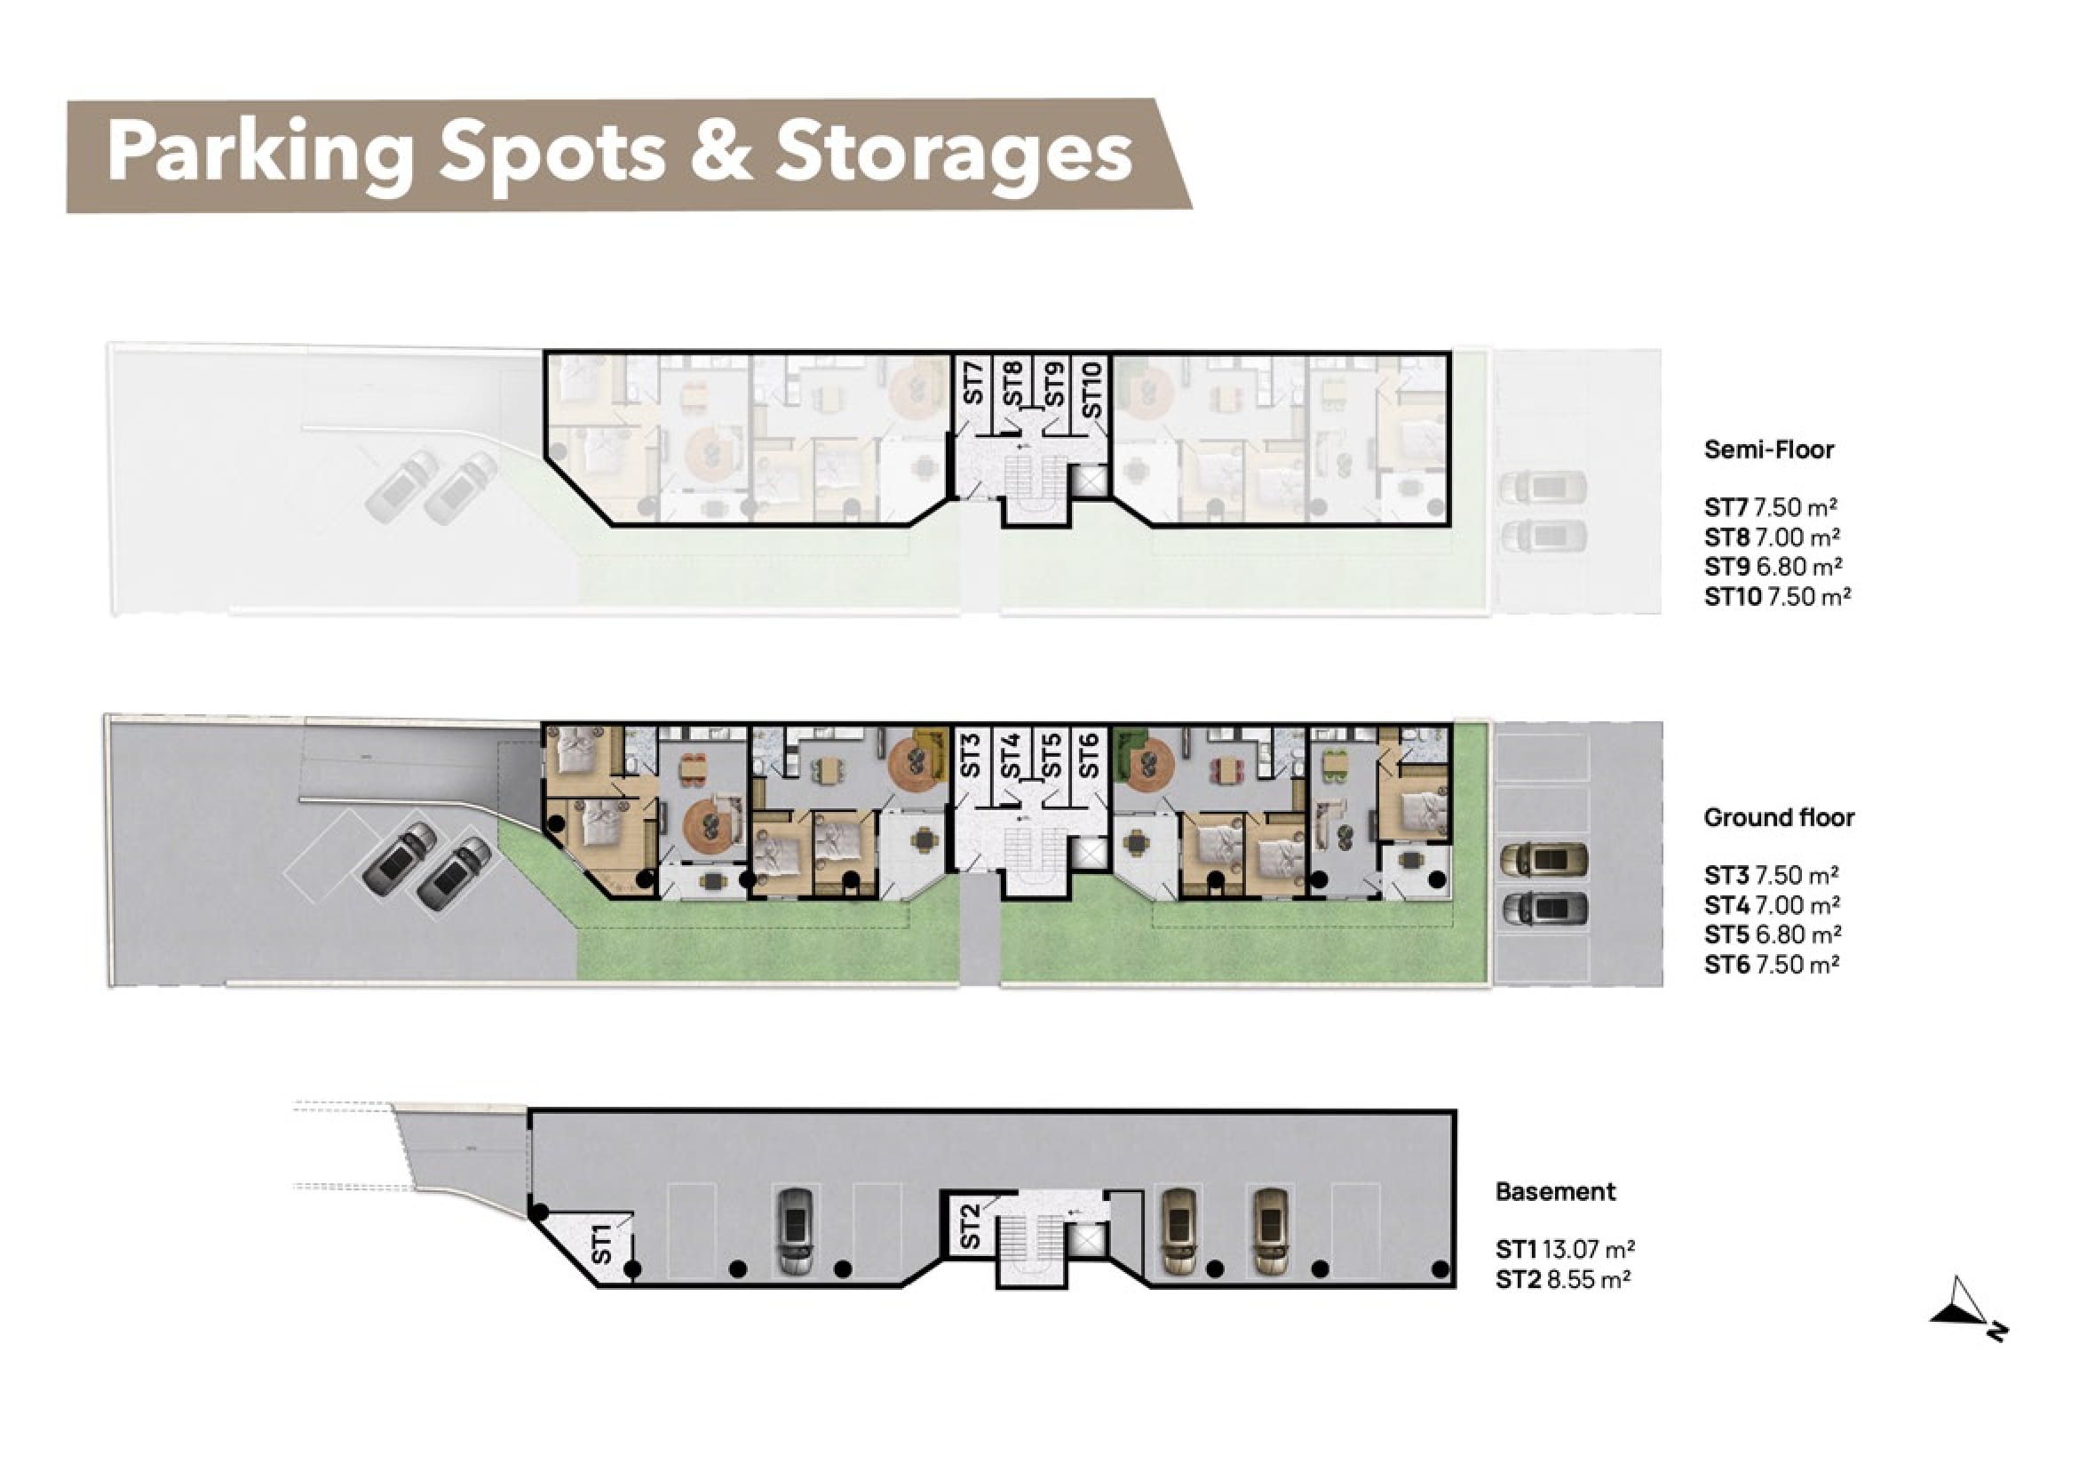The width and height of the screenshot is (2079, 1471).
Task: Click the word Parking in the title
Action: [261, 154]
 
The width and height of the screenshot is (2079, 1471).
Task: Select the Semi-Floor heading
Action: [1768, 449]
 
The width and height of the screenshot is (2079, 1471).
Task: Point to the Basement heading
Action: [1555, 1192]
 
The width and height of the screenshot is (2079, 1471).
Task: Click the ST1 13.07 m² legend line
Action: [1565, 1250]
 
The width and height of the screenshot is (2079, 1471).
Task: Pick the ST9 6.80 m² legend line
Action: [1773, 567]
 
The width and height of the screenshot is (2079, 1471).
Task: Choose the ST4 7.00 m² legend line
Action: [1772, 905]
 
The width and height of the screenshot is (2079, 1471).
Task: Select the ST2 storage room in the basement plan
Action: [969, 1225]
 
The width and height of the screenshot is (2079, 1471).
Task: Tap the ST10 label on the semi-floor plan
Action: [1093, 389]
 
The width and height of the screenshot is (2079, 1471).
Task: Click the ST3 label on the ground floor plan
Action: [971, 755]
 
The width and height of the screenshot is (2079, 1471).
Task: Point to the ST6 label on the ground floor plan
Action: [1090, 755]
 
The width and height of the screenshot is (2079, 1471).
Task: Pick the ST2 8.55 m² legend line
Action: [1563, 1280]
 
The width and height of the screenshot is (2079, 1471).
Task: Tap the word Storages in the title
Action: [954, 154]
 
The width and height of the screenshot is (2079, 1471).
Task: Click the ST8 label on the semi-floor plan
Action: [1012, 383]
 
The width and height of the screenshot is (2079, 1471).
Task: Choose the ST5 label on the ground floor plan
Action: [1051, 755]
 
